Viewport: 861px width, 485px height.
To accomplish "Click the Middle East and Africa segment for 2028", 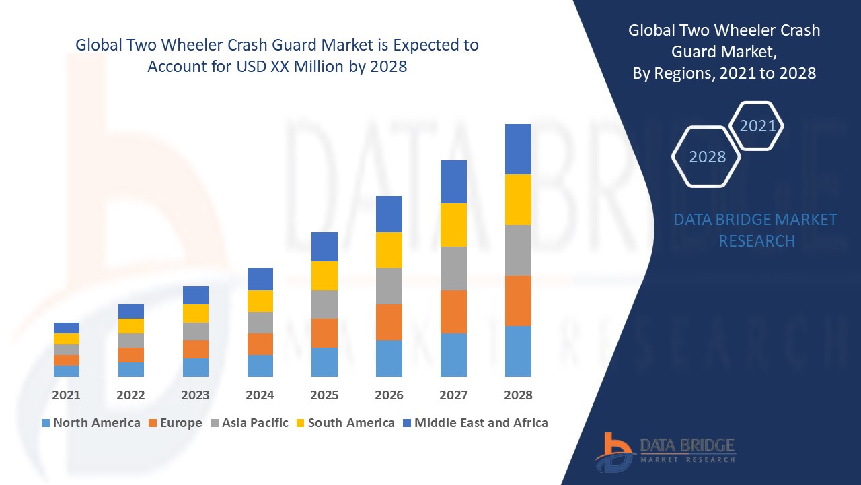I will click(x=518, y=149).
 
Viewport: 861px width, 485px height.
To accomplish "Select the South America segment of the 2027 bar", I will click(x=453, y=225).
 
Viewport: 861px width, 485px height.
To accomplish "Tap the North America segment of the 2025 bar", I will click(x=324, y=362).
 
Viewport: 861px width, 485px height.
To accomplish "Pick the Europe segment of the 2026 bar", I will click(x=389, y=322).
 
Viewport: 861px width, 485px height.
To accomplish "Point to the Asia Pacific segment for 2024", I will click(x=260, y=323).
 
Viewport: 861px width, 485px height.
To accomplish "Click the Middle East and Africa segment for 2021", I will click(x=67, y=328).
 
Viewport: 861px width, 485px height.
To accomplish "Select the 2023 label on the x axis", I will click(x=195, y=395).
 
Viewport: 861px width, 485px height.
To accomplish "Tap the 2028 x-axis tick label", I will click(x=518, y=395).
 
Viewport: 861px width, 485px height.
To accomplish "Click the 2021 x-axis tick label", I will click(x=66, y=395).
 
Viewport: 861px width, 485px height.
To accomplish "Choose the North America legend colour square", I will click(x=46, y=423).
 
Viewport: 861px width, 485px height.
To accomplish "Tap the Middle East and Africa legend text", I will click(x=481, y=423).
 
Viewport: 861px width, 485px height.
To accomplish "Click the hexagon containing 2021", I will click(x=757, y=126).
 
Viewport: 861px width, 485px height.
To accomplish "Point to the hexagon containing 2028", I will click(x=707, y=157).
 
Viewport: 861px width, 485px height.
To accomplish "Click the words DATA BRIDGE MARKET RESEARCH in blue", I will click(x=756, y=230).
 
